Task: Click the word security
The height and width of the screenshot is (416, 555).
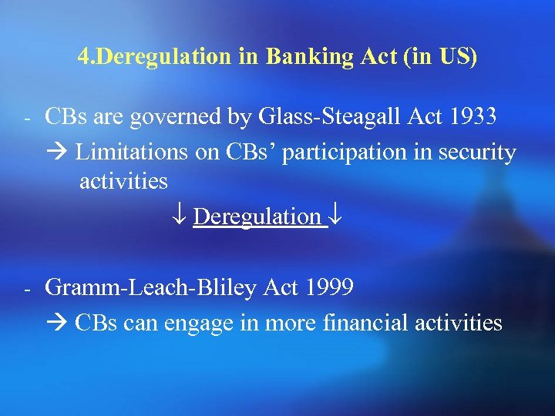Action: coord(476,153)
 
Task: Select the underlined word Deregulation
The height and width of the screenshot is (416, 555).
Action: coord(257,216)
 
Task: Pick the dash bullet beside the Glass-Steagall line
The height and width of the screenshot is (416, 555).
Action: coord(25,120)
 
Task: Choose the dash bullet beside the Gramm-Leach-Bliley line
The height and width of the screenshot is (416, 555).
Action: coord(25,290)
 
